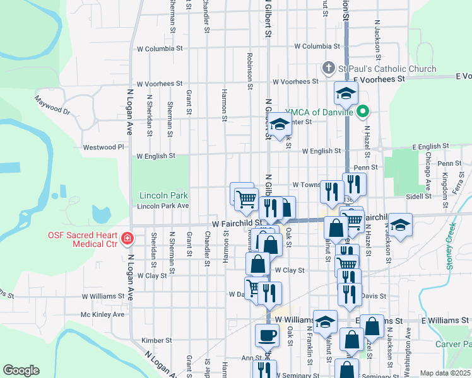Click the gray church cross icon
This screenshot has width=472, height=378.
(327, 67)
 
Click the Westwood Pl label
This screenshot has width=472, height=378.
(103, 147)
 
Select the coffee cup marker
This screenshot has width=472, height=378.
(266, 335)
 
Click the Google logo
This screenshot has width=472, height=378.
(21, 370)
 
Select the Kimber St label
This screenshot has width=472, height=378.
(156, 340)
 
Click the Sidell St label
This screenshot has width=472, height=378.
(418, 196)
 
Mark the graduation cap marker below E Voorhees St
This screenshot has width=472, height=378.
(345, 94)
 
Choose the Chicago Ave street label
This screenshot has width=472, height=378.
(428, 176)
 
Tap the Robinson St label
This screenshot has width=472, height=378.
(250, 67)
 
